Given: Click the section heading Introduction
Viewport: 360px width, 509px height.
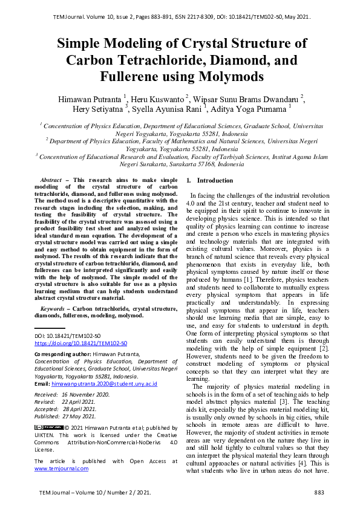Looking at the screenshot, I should point(215,181).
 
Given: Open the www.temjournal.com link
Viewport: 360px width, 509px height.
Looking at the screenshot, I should point(57,468).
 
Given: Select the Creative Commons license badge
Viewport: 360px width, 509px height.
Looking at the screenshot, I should point(46,427).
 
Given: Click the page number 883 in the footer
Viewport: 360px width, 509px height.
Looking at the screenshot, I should point(319,494).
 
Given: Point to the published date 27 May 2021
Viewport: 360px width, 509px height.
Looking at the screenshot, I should point(80,416).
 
